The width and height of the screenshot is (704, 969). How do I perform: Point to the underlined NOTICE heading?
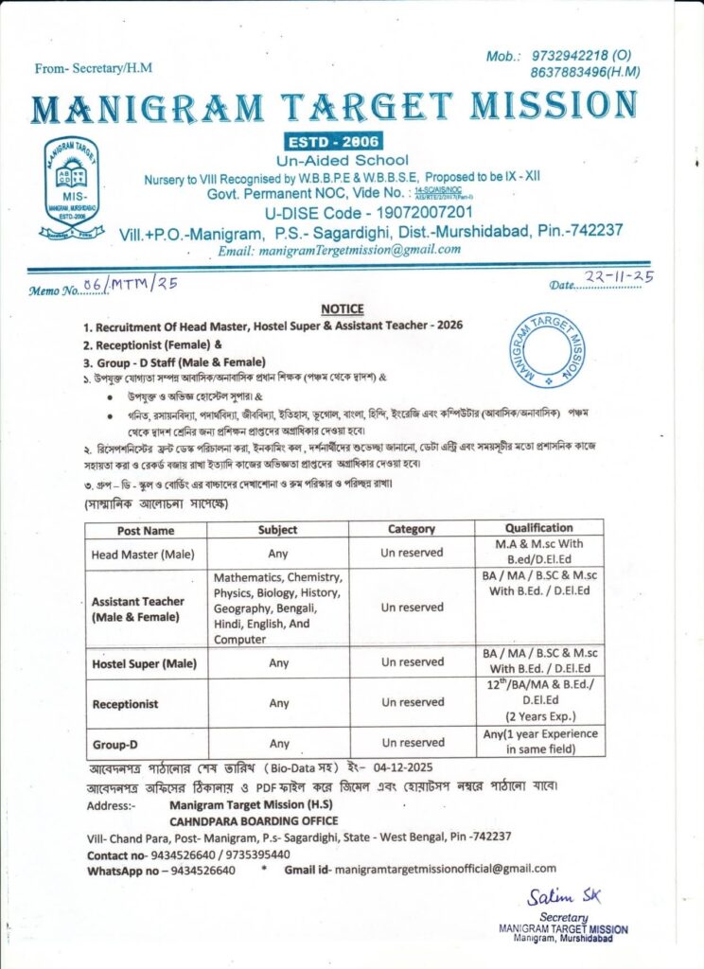pos(342,308)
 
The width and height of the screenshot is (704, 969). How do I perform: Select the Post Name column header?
pos(146,531)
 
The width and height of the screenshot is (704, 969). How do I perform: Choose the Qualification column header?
pos(538,528)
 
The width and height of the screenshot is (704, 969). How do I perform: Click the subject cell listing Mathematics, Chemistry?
pos(278,608)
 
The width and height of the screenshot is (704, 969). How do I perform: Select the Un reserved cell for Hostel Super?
pos(413,662)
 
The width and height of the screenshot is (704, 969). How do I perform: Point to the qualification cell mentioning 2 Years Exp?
pos(539,703)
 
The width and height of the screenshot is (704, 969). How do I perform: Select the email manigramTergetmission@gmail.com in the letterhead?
pos(340,250)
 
